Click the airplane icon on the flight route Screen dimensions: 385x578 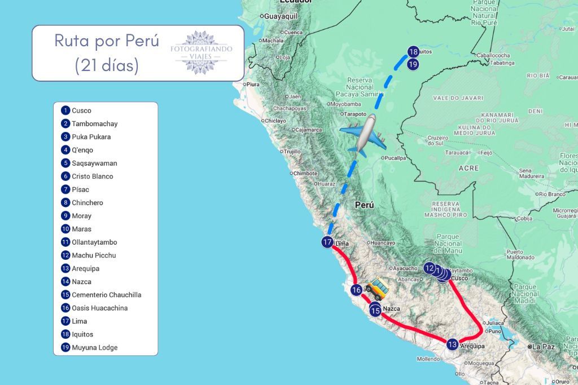[362, 135]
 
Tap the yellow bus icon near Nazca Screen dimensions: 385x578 [376, 289]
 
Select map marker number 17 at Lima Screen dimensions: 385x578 [328, 242]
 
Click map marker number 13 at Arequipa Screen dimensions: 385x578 [452, 344]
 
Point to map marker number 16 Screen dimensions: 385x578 [356, 290]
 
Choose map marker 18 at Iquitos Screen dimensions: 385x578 [413, 52]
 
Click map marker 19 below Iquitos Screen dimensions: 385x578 [413, 64]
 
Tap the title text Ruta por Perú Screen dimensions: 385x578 [106, 41]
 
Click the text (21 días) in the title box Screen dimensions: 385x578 [106, 65]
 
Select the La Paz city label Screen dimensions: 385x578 [545, 347]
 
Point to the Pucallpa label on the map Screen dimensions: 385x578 [395, 158]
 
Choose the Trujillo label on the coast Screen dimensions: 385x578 [292, 152]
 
